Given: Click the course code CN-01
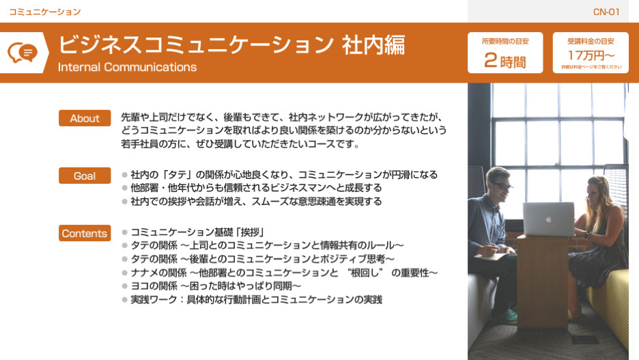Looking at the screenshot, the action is pos(606,12).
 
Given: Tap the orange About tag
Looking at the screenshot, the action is pos(85,118).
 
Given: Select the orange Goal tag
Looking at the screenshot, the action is pos(85,176).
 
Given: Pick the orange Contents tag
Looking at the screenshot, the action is pos(85,233).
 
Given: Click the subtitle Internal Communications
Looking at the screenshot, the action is pos(127,67).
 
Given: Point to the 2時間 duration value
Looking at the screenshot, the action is pos(505,61).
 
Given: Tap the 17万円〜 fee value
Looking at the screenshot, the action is pos(591,55).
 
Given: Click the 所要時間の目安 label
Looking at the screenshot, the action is pos(505,41).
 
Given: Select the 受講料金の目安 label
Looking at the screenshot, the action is pos(591,41).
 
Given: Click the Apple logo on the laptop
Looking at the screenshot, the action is pos(548,219).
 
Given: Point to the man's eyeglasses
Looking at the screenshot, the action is pos(502,186).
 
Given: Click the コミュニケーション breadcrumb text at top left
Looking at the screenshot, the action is pos(45,12).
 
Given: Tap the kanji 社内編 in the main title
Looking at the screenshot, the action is pos(373,44).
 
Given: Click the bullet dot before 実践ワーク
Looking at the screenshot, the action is pos(125,300).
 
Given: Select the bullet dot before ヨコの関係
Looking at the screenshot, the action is pos(125,286).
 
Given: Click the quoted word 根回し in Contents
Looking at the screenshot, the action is pos(365,273).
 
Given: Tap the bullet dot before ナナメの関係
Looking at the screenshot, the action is pos(125,273).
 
